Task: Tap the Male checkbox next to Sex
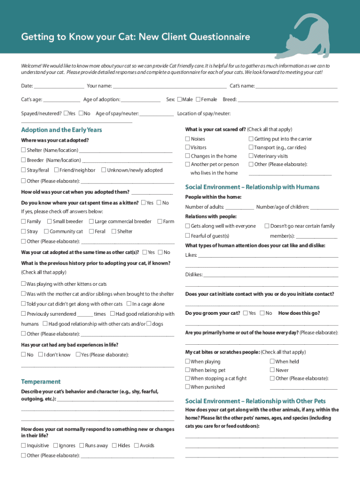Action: click(x=180, y=99)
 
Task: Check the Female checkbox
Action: click(x=199, y=99)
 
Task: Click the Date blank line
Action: click(x=59, y=87)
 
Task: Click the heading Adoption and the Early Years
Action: click(x=62, y=130)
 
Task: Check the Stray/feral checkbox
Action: click(x=23, y=170)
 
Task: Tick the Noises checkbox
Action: click(x=187, y=139)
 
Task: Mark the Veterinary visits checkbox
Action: click(x=251, y=156)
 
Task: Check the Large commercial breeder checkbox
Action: click(x=91, y=221)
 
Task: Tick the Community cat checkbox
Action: click(x=46, y=231)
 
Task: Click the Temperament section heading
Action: click(x=41, y=382)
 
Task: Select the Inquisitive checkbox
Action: click(x=23, y=445)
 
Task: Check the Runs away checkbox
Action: click(x=81, y=445)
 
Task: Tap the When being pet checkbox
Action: click(x=187, y=370)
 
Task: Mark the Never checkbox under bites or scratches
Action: click(x=272, y=370)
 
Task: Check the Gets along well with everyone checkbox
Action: click(x=187, y=226)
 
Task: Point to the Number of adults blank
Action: click(x=239, y=208)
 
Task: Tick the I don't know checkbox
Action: click(x=41, y=355)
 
